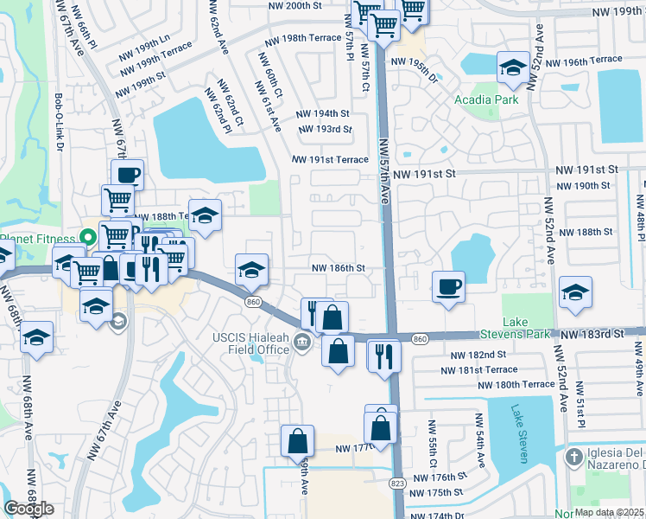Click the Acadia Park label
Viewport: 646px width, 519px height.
[486, 99]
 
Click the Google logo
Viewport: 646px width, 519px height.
[28, 509]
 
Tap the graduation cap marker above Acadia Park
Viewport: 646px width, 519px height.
[513, 68]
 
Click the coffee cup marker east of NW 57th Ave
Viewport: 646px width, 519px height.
[448, 286]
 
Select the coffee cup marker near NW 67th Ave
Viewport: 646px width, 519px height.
[128, 175]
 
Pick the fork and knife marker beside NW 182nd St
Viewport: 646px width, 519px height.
[384, 355]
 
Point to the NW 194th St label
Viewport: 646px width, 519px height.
[322, 113]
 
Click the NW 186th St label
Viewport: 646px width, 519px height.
[338, 268]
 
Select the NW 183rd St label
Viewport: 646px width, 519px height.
[591, 333]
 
